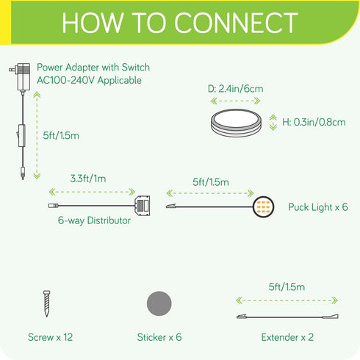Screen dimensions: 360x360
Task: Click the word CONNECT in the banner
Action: pyautogui.click(x=236, y=23)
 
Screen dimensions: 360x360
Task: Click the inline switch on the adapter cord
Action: pyautogui.click(x=21, y=135)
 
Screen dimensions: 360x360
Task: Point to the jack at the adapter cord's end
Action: pyautogui.click(x=23, y=173)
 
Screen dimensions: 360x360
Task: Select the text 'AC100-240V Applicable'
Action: pyautogui.click(x=89, y=80)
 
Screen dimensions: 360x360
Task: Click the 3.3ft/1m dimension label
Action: pyautogui.click(x=88, y=179)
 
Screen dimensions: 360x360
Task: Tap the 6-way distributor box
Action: pyautogui.click(x=142, y=206)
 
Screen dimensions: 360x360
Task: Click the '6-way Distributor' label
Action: pyautogui.click(x=94, y=220)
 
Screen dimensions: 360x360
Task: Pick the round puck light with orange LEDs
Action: pyautogui.click(x=263, y=207)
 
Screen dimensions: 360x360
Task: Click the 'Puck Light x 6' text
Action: pyautogui.click(x=318, y=207)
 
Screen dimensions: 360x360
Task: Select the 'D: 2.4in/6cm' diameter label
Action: pyautogui.click(x=236, y=89)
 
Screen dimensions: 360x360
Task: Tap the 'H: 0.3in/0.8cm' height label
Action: pyautogui.click(x=314, y=122)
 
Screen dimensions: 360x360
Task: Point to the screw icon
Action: pyautogui.click(x=46, y=303)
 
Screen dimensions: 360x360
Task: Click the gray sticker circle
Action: pyautogui.click(x=159, y=303)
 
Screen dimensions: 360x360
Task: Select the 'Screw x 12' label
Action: pyautogui.click(x=50, y=337)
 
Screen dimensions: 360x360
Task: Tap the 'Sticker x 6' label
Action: pyautogui.click(x=159, y=337)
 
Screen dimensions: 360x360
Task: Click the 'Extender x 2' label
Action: pyautogui.click(x=287, y=337)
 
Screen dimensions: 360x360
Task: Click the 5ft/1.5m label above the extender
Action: pyautogui.click(x=287, y=287)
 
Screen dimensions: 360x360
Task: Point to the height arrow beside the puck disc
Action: pyautogui.click(x=273, y=122)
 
